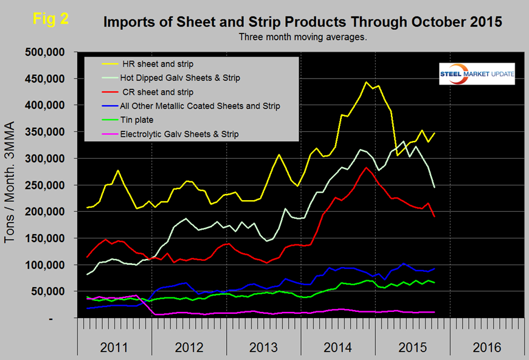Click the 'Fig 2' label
pos(50,18)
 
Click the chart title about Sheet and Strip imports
pos(303,23)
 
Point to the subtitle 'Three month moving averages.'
pos(303,36)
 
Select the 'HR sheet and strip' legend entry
pos(159,63)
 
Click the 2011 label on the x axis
pos(114,347)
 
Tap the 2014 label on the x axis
pos(337,347)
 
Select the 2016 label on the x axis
pos(486,347)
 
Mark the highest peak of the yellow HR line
pos(366,82)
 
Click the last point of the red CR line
pos(434,216)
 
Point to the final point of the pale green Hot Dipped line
pos(434,187)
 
